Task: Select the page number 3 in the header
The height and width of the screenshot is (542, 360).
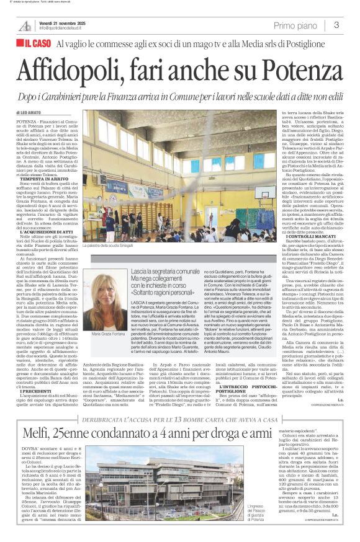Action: tap(336, 25)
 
